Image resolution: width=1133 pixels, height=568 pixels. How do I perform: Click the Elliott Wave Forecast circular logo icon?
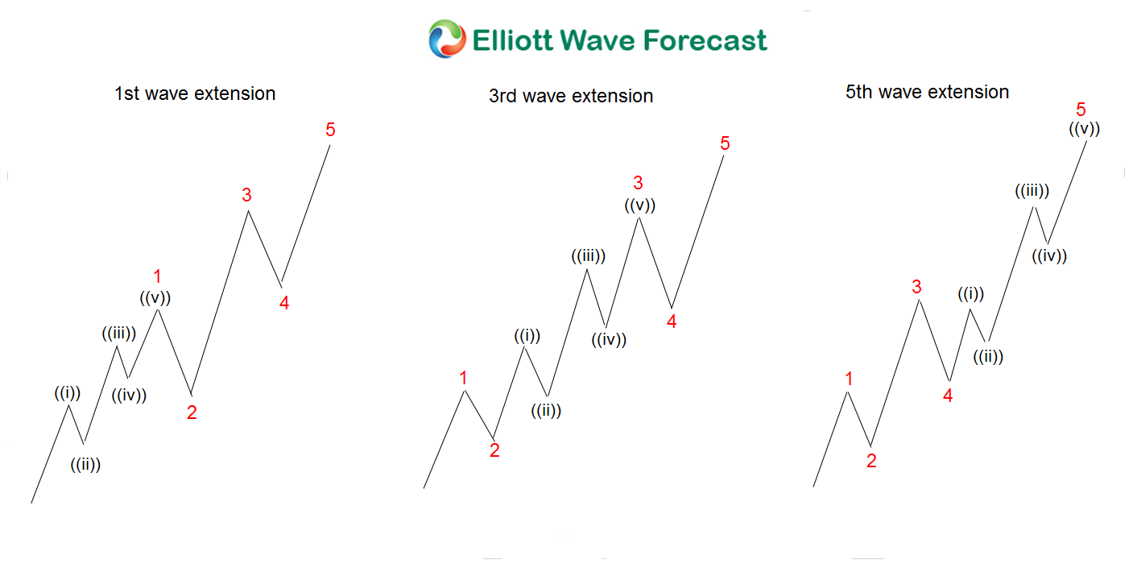447,39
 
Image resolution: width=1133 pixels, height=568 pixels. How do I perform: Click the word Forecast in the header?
700,39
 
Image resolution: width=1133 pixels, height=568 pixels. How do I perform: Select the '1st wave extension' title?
195,93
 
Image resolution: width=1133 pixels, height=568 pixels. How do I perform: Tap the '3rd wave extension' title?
571,97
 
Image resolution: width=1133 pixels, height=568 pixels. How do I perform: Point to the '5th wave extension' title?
927,92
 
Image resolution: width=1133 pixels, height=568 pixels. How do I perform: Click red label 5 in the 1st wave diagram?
330,130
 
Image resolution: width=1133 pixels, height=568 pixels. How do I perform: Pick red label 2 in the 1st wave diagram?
192,413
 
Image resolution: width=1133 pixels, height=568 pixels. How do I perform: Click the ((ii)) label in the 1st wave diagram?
85,464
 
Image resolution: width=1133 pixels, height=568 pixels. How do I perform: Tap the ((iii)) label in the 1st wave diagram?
118,333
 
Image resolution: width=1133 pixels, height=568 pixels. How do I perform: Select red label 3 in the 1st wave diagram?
246,195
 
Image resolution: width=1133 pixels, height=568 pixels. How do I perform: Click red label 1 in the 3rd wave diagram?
463,377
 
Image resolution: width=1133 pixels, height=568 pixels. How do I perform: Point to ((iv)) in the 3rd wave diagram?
609,339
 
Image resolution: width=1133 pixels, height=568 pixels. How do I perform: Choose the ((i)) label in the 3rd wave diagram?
527,336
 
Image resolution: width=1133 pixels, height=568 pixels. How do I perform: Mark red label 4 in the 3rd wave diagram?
672,321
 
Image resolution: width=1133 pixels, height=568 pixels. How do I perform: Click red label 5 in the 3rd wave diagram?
725,143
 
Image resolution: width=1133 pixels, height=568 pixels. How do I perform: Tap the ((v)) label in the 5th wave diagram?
1085,127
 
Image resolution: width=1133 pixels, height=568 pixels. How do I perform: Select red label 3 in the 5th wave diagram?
916,287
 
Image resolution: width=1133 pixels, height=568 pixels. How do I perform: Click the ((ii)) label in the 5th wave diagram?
988,356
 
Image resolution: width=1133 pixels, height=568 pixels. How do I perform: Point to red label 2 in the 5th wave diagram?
871,461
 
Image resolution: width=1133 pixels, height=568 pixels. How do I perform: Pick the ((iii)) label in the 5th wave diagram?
1032,191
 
